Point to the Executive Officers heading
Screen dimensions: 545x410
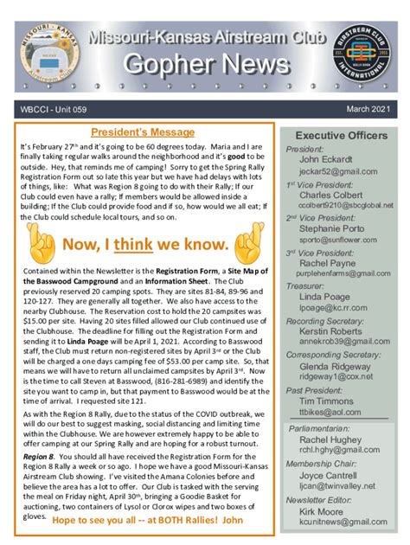[x=342, y=136]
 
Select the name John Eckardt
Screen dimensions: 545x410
[x=326, y=160]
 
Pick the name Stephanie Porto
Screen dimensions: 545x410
[x=332, y=230]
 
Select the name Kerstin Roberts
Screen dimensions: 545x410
[x=332, y=331]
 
